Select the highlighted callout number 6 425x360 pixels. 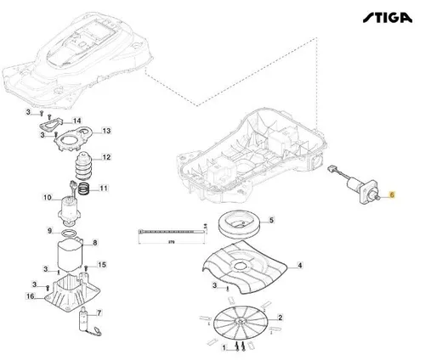coord(391,195)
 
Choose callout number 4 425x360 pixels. coord(298,266)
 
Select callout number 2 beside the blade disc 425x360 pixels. coord(281,318)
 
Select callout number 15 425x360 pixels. coord(103,266)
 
